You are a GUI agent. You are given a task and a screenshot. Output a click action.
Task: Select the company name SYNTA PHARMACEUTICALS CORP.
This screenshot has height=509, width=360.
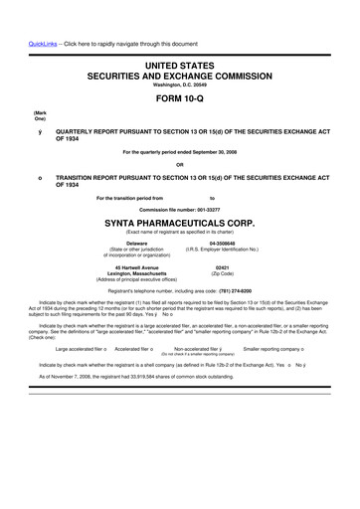point(179,223)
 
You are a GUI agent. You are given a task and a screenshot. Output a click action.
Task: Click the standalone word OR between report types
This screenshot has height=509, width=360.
point(180,164)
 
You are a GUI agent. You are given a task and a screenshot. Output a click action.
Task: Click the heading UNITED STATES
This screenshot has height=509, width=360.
point(180,65)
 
